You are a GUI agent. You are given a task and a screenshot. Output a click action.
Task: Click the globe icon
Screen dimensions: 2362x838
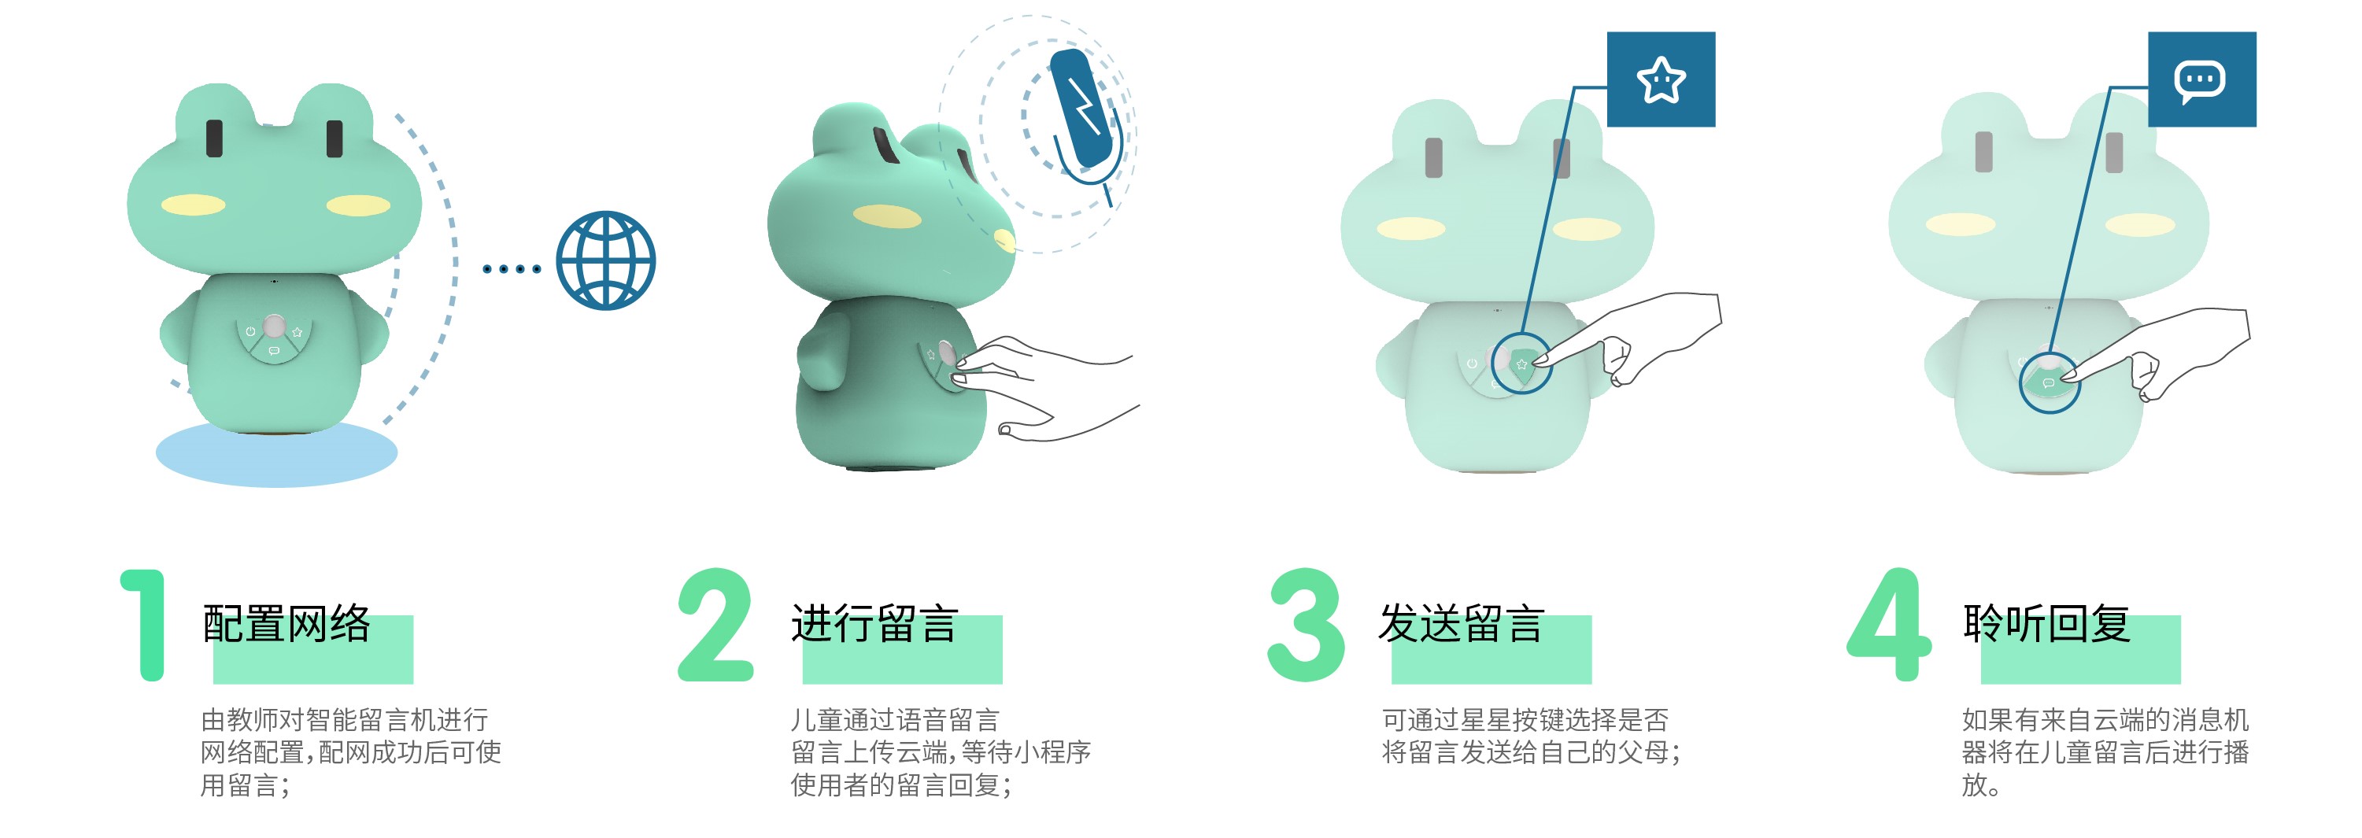pyautogui.click(x=606, y=260)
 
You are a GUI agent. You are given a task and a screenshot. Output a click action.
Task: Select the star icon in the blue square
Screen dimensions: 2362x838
pyautogui.click(x=1661, y=79)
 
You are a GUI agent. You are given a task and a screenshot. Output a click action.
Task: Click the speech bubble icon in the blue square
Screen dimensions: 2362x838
pyautogui.click(x=2199, y=82)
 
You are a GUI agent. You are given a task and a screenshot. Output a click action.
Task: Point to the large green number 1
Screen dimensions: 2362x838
pyautogui.click(x=145, y=626)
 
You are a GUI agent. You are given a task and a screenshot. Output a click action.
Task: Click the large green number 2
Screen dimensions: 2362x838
pyautogui.click(x=715, y=626)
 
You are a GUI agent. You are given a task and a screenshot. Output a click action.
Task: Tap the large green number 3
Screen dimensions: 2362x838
pyautogui.click(x=1306, y=626)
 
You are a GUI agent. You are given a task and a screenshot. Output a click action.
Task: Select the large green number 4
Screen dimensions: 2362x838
pyautogui.click(x=1889, y=626)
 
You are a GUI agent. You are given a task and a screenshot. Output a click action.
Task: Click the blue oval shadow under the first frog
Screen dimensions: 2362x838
pyautogui.click(x=276, y=455)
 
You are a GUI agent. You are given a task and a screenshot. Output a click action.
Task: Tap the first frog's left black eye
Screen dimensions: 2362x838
pyautogui.click(x=215, y=138)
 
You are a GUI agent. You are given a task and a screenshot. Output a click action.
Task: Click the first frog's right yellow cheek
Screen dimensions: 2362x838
pyautogui.click(x=359, y=205)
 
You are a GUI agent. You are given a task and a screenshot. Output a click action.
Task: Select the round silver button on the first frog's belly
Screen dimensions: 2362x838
pyautogui.click(x=273, y=326)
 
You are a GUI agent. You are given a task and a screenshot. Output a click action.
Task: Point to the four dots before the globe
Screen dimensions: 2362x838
pyautogui.click(x=512, y=268)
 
